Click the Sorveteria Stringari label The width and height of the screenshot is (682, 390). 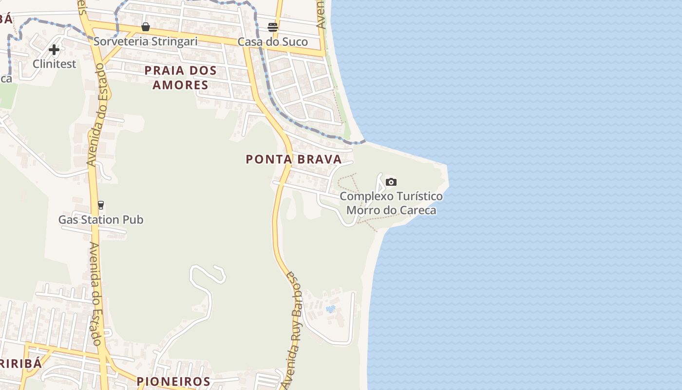[x=146, y=41]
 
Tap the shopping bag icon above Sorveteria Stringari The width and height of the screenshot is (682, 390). [x=145, y=27]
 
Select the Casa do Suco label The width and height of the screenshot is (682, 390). [x=273, y=42]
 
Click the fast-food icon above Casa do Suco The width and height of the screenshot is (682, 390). [x=273, y=27]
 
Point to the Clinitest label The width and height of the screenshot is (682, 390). [x=55, y=64]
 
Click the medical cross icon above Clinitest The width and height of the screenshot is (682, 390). [x=54, y=49]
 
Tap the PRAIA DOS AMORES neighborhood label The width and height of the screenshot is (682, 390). [x=181, y=78]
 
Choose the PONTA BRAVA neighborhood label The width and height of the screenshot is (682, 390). [x=294, y=159]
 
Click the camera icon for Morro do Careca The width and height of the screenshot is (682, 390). [x=391, y=182]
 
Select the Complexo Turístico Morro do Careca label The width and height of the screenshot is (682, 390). [x=391, y=203]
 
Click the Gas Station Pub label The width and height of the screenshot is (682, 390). [x=101, y=220]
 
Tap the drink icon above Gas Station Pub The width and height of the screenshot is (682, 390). [x=101, y=205]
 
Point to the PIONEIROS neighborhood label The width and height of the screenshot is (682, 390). [x=173, y=381]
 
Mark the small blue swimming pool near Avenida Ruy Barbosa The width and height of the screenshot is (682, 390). [x=331, y=309]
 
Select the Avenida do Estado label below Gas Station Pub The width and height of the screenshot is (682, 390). [x=95, y=292]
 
